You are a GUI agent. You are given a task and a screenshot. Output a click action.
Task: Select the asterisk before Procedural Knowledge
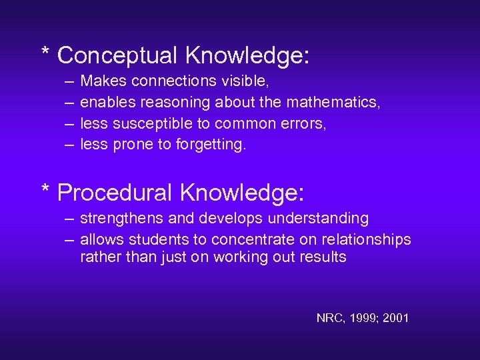[45, 189]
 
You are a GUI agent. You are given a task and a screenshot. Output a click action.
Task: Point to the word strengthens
[118, 218]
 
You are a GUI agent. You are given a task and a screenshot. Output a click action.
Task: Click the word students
[157, 239]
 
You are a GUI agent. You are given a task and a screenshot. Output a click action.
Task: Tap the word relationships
[368, 239]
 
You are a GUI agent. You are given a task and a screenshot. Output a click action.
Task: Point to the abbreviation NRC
[329, 318]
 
